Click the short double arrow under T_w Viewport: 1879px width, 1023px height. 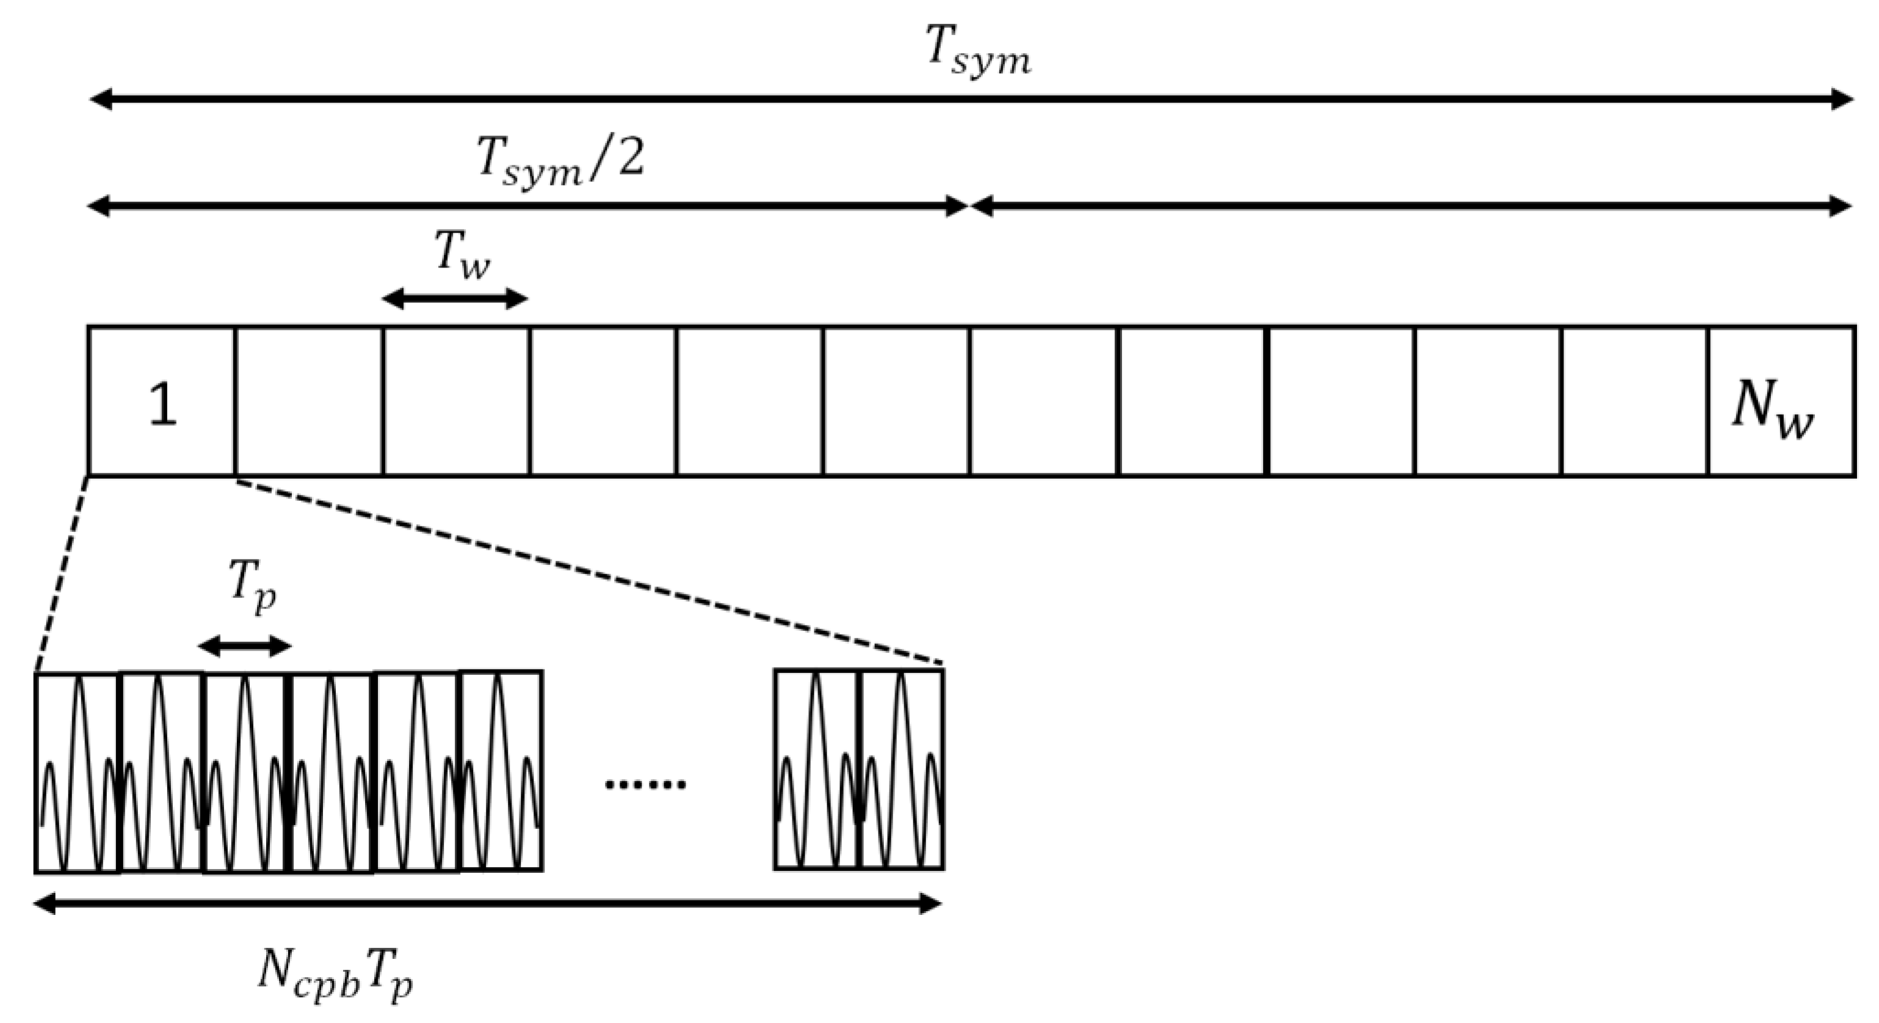(x=454, y=299)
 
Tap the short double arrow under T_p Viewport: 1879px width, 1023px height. (x=244, y=646)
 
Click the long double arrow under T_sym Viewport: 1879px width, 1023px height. (x=970, y=98)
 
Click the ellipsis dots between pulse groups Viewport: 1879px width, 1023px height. (x=645, y=784)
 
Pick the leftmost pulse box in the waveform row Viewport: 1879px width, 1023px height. (x=76, y=773)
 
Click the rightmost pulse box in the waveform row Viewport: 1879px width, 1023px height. (x=902, y=770)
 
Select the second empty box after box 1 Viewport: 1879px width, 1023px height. (x=456, y=401)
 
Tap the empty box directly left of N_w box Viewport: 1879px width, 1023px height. (x=1635, y=401)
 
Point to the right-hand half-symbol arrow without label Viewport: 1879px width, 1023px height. (x=1411, y=206)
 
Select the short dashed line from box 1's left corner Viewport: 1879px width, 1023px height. (x=62, y=573)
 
